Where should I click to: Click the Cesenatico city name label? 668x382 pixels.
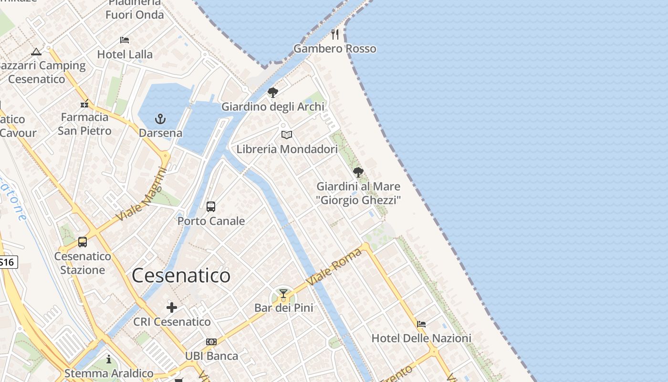point(181,276)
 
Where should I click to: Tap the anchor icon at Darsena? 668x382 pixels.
point(160,118)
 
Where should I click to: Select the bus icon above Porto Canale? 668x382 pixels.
point(211,207)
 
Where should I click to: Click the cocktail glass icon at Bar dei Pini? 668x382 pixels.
point(283,293)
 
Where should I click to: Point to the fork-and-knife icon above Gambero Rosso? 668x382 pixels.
point(335,34)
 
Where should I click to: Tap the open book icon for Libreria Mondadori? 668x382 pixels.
point(286,135)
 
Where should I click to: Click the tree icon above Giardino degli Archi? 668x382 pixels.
point(273,93)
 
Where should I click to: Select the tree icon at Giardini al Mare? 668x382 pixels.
point(358,172)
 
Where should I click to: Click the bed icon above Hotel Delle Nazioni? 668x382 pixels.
point(421,324)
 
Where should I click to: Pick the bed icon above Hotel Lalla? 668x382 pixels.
point(125,40)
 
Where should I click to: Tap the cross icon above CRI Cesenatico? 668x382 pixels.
point(172,308)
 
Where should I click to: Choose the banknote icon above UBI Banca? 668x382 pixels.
point(211,342)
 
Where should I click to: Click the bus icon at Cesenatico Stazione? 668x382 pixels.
point(83,242)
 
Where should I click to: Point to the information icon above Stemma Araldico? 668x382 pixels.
point(109,359)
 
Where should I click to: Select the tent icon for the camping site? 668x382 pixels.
point(36,52)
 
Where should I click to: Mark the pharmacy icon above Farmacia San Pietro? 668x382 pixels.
point(84,104)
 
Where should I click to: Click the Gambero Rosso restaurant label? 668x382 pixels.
point(334,49)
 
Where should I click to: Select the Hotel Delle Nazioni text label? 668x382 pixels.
point(421,338)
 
